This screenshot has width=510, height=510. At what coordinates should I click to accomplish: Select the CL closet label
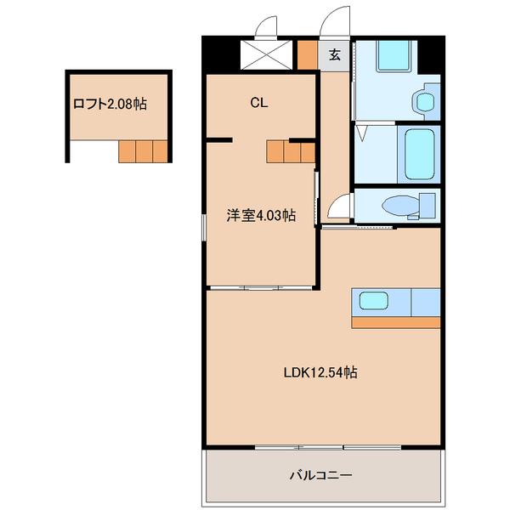pyautogui.click(x=259, y=103)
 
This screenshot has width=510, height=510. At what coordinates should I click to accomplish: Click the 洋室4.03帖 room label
pyautogui.click(x=260, y=216)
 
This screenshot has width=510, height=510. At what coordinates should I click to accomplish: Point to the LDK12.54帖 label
pyautogui.click(x=320, y=371)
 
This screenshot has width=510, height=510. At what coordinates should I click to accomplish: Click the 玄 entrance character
pyautogui.click(x=335, y=55)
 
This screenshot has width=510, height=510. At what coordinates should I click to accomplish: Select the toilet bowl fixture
pyautogui.click(x=399, y=205)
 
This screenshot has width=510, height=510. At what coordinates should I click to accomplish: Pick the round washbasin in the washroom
pyautogui.click(x=422, y=102)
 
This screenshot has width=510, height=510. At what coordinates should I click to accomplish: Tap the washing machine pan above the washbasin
pyautogui.click(x=394, y=57)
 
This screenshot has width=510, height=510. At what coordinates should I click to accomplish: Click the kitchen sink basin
pyautogui.click(x=375, y=300)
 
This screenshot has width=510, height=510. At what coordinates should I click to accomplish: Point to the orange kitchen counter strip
pyautogui.click(x=396, y=322)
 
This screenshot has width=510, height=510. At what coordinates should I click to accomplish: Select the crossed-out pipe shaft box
pyautogui.click(x=267, y=55)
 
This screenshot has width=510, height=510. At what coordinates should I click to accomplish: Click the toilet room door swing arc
pyautogui.click(x=341, y=207)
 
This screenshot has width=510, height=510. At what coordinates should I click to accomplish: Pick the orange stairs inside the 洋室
pyautogui.click(x=291, y=151)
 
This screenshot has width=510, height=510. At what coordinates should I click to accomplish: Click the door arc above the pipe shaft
pyautogui.click(x=264, y=28)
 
